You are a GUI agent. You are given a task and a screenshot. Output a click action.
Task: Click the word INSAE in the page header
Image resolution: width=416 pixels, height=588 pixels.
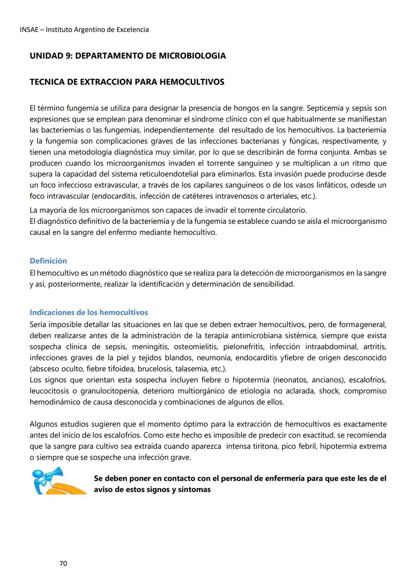(x=29, y=30)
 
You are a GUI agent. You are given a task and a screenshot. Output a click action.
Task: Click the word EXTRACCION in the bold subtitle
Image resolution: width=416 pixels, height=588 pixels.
(x=105, y=82)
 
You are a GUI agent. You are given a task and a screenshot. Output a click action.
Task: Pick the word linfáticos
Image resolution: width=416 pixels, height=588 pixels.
(x=333, y=185)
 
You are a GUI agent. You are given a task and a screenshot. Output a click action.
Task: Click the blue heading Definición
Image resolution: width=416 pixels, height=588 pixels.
(x=48, y=261)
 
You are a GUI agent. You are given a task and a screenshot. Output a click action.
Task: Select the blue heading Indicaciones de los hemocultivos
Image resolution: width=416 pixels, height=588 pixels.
(x=89, y=312)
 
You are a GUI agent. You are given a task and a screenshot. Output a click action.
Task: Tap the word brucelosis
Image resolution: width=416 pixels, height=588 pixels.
(x=154, y=369)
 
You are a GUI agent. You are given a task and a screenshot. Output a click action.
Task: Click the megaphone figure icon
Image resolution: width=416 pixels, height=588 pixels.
(x=58, y=481)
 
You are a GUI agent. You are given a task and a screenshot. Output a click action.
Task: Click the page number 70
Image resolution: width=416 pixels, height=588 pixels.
(x=63, y=564)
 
